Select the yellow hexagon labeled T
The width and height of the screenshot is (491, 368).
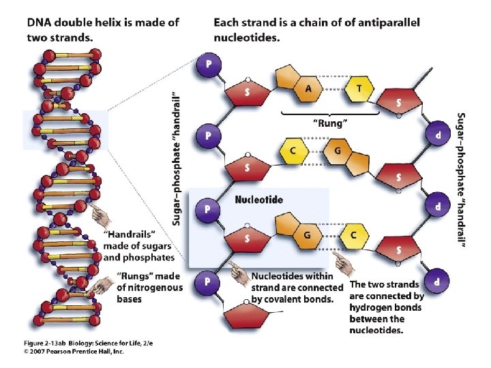(x=360, y=87)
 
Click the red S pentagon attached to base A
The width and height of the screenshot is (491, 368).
(x=247, y=94)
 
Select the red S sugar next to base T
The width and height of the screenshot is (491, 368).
(x=400, y=102)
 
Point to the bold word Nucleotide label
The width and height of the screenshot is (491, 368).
(x=258, y=200)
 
